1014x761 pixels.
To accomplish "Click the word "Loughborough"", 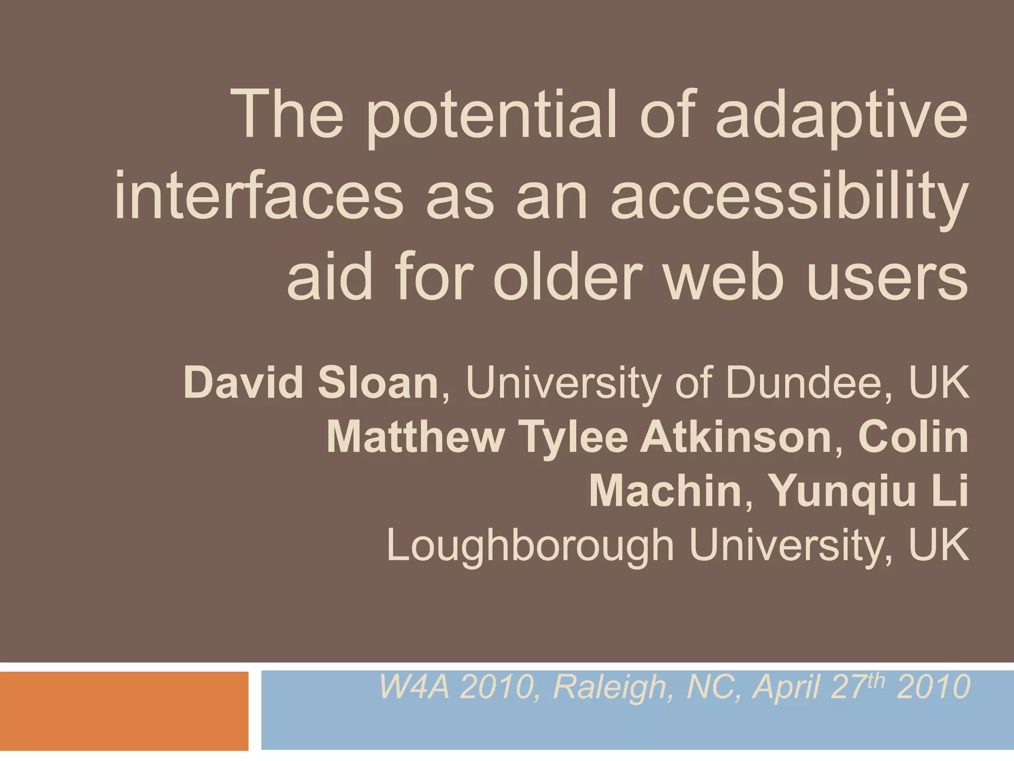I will click(530, 546).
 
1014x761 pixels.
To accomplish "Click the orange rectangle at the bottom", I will click(124, 710).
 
